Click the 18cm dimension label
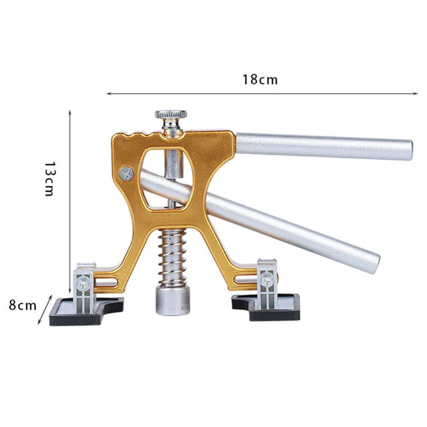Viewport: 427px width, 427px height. (x=260, y=80)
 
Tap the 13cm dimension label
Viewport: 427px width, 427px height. (x=50, y=179)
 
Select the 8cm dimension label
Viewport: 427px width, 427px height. (x=23, y=305)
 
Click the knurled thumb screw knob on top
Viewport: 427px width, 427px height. (x=171, y=114)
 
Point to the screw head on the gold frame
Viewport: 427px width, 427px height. (x=127, y=174)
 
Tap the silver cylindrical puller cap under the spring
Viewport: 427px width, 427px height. (x=173, y=301)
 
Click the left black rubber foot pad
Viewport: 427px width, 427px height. (x=86, y=312)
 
